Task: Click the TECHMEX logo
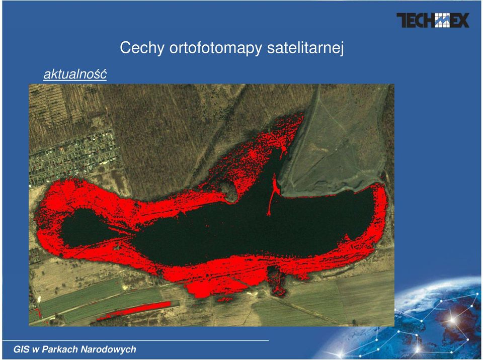pos(433,20)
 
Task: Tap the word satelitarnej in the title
pos(305,48)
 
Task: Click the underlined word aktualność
pos(75,74)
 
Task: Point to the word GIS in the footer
pos(22,349)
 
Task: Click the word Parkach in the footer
pos(60,349)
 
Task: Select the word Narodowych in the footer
pos(108,349)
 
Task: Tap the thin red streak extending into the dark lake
pos(272,195)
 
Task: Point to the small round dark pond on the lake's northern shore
pos(228,191)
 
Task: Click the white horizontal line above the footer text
pos(135,340)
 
